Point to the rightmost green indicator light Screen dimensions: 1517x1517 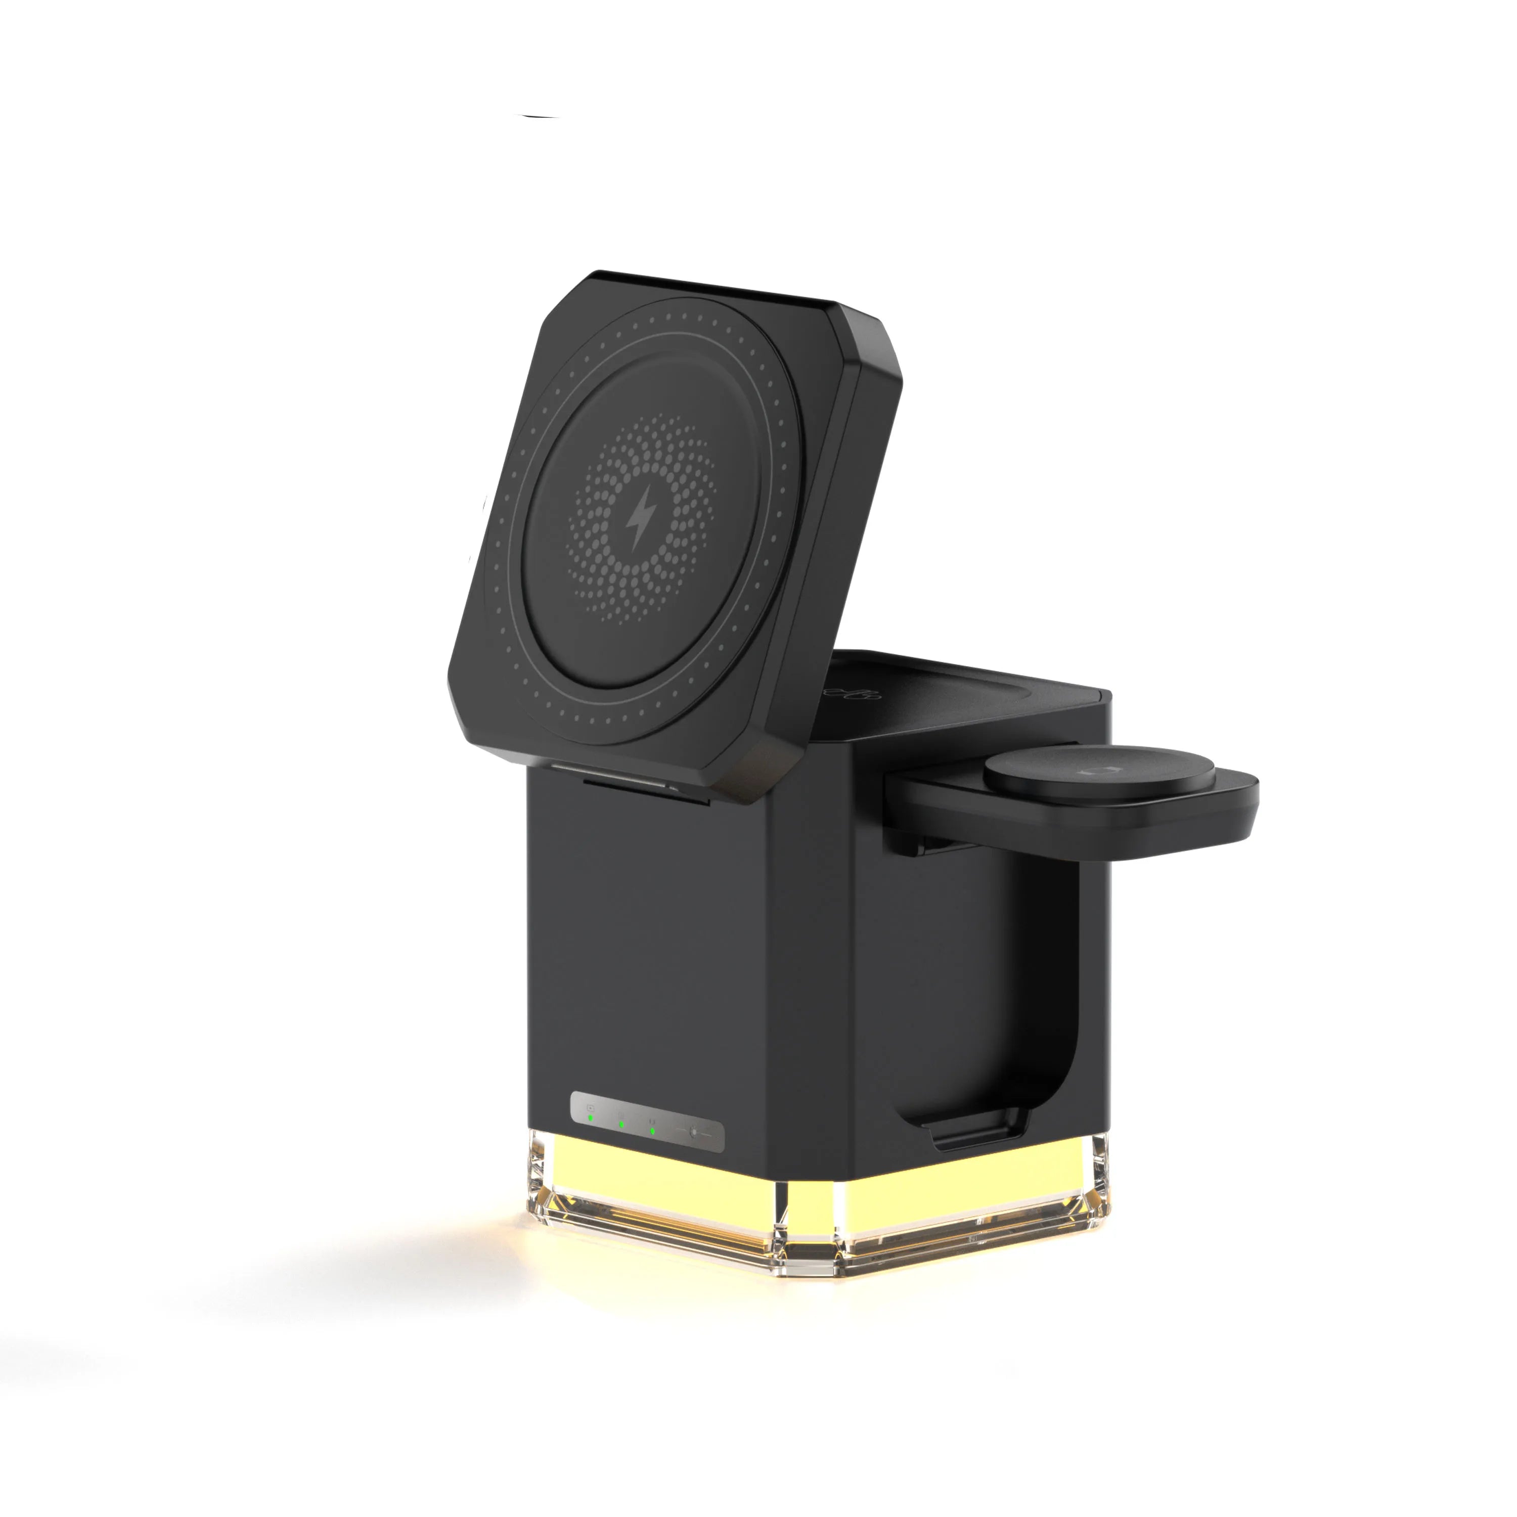652,1131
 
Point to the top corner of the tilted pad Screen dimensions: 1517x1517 597,279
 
